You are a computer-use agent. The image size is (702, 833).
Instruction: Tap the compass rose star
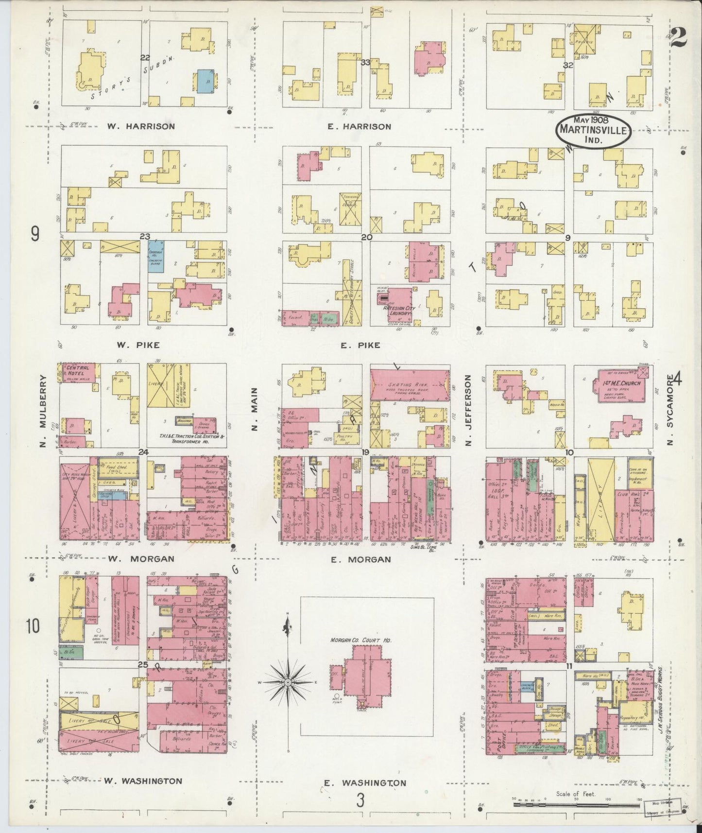point(288,682)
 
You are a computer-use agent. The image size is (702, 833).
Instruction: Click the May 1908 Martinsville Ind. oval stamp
point(593,130)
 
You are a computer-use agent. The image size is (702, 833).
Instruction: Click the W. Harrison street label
point(140,126)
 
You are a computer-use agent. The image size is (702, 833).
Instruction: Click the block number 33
point(365,62)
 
